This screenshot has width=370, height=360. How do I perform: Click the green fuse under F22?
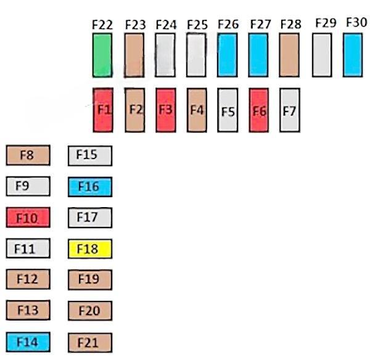pos(102,55)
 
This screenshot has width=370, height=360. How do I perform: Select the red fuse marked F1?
pos(102,110)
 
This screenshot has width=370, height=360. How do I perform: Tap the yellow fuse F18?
pos(89,249)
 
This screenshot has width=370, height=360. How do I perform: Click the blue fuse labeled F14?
pos(27,342)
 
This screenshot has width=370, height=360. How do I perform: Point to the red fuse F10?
pos(27,218)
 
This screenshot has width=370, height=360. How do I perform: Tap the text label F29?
pos(325,23)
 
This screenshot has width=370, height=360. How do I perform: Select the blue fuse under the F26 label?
pos(228,55)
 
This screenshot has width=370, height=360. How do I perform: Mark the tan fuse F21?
pos(89,342)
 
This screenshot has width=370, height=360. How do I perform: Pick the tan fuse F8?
pos(27,155)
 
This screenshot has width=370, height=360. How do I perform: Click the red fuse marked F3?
pos(165,110)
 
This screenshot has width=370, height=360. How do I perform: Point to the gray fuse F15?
pos(89,155)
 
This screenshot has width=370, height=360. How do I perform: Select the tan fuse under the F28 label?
pos(289,55)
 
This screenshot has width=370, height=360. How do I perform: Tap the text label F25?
pos(197,25)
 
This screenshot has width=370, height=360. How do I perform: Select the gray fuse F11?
pos(27,249)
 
